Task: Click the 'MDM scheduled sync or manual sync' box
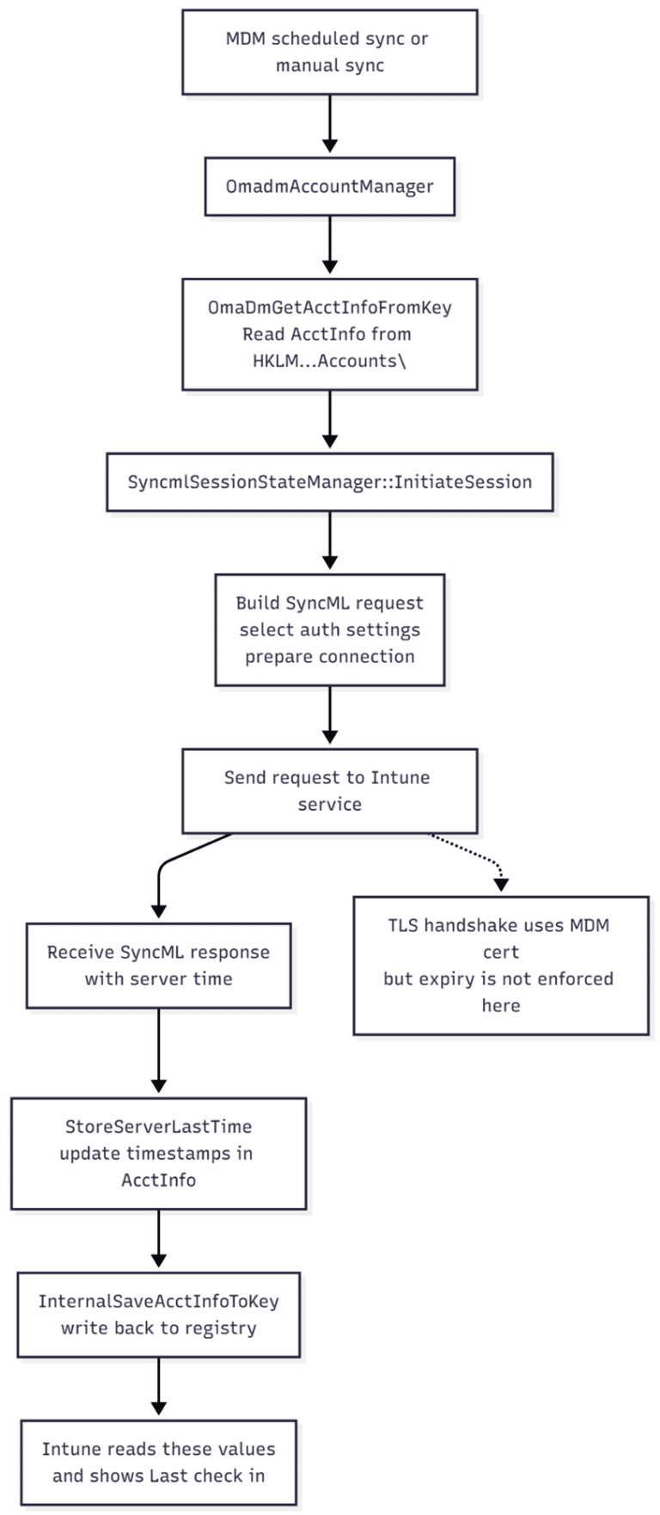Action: (x=330, y=52)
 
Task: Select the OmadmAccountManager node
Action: (x=330, y=187)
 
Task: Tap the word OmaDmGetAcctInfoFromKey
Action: (x=330, y=307)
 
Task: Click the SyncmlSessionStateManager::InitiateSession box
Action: (x=330, y=482)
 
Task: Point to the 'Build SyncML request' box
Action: (x=330, y=630)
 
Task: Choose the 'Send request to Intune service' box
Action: (x=330, y=791)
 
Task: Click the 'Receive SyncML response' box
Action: (x=159, y=966)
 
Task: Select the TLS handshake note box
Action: (x=501, y=966)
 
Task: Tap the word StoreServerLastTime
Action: (x=159, y=1126)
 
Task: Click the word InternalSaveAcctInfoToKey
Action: (x=159, y=1301)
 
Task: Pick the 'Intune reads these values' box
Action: (x=159, y=1463)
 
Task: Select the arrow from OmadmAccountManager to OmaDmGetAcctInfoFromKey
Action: (x=330, y=247)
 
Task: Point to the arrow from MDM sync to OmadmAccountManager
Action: (x=330, y=124)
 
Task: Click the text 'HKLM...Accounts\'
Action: (x=330, y=361)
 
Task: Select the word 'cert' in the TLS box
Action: (x=501, y=953)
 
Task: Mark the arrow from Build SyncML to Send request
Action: (x=330, y=715)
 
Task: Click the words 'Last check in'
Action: (x=207, y=1475)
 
